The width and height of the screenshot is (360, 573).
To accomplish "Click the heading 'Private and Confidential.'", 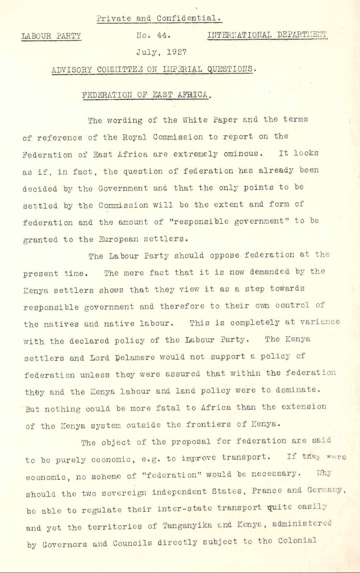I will pyautogui.click(x=159, y=18).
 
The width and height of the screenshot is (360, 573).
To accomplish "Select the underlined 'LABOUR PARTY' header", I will pyautogui.click(x=51, y=36).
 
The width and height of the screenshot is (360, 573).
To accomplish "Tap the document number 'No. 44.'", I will pyautogui.click(x=154, y=36).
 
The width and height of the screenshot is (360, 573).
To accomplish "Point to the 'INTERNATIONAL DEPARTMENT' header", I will pyautogui.click(x=267, y=35).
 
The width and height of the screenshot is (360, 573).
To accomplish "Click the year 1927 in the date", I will pyautogui.click(x=177, y=52).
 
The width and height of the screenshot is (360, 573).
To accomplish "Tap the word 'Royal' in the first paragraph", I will pyautogui.click(x=135, y=137).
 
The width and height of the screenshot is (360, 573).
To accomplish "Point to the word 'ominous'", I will pyautogui.click(x=243, y=154).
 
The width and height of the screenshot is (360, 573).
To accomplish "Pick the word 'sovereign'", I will pyautogui.click(x=124, y=493).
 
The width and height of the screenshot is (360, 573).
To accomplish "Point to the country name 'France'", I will pyautogui.click(x=267, y=491).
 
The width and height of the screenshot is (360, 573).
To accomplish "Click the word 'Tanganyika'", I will pyautogui.click(x=187, y=526).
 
